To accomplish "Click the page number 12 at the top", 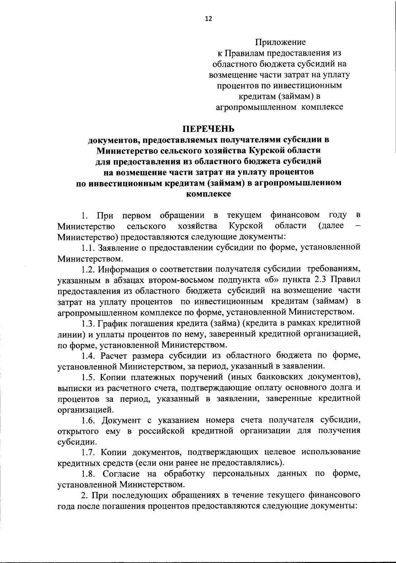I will pyautogui.click(x=209, y=19).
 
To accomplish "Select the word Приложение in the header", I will pyautogui.click(x=280, y=42).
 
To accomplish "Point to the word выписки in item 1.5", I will pyautogui.click(x=73, y=388).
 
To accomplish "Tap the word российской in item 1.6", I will pyautogui.click(x=161, y=431).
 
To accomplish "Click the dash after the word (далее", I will pyautogui.click(x=358, y=226).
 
